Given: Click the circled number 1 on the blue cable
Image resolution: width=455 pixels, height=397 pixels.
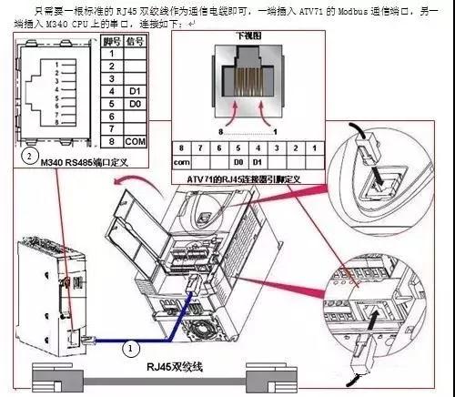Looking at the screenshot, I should coord(133,346).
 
